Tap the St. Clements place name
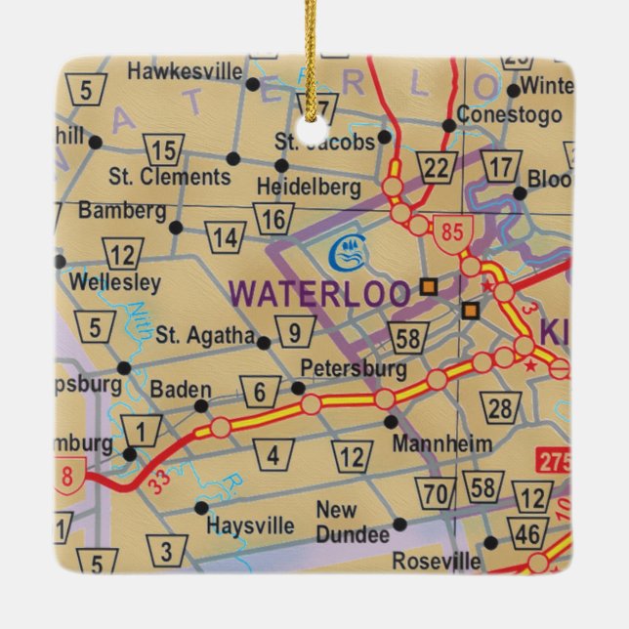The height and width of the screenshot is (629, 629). [169, 177]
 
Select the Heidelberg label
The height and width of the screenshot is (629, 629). [308, 186]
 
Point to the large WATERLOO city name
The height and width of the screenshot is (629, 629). [318, 293]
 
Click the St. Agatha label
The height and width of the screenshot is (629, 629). [205, 335]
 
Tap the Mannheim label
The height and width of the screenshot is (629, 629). [442, 444]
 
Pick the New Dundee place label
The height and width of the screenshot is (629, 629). [352, 523]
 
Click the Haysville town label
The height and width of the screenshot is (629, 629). [250, 525]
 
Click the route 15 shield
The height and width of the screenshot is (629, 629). [164, 150]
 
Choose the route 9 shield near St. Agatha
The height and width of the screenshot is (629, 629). [294, 333]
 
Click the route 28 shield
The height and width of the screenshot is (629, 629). [501, 407]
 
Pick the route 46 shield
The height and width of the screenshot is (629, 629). [528, 533]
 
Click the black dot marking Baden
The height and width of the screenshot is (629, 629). [201, 405]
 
